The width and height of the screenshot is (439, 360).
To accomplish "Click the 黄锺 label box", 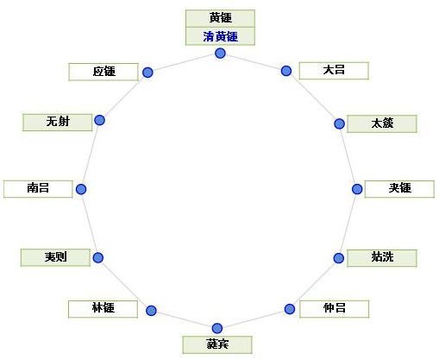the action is [x=220, y=18].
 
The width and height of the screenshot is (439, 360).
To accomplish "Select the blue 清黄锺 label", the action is [x=220, y=36].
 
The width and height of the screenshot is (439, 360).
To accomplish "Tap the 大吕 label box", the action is [x=334, y=71].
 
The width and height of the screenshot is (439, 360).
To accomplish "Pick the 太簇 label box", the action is [x=382, y=123].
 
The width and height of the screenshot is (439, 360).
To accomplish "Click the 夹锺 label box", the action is [x=399, y=189].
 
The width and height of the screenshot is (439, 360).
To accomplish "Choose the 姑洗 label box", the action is [x=382, y=258].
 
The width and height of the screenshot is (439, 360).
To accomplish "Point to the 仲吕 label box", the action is [x=334, y=309].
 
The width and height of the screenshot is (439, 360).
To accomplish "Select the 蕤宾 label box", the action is [x=217, y=344].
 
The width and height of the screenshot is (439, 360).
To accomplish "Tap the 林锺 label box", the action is [x=103, y=309].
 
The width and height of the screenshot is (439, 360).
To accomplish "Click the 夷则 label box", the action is [x=55, y=257].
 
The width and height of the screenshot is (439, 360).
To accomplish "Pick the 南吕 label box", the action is [x=38, y=189].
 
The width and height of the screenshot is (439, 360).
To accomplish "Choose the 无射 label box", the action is [x=58, y=123].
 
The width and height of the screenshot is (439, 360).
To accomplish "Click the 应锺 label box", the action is [x=103, y=72].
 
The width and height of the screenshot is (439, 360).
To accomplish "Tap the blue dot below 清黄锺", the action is [x=220, y=54].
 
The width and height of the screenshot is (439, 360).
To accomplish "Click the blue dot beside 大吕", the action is [x=286, y=71].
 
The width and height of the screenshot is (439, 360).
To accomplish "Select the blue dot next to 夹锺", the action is [x=357, y=189].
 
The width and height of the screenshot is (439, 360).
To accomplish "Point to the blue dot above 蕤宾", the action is [x=217, y=328].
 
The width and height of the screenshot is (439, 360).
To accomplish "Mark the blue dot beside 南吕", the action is [x=81, y=189].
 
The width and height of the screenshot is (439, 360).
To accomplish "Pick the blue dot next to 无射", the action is [x=100, y=120].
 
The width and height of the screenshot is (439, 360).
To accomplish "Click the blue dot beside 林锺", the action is [x=151, y=311].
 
